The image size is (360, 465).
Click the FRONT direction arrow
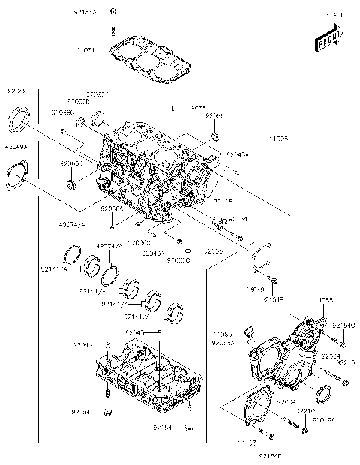(x=331, y=34)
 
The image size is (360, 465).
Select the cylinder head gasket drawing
(x=145, y=60)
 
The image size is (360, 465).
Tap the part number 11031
(x=87, y=50)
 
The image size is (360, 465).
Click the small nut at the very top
(x=112, y=11)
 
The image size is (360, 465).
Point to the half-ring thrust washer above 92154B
(x=262, y=262)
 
